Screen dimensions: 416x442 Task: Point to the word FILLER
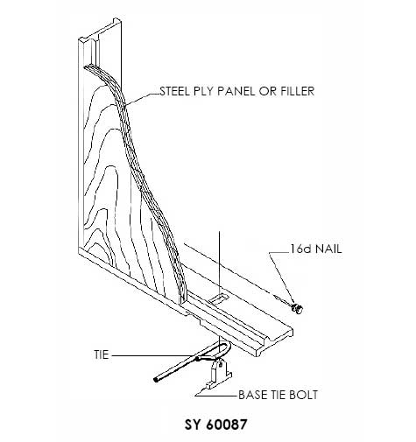[x=297, y=91]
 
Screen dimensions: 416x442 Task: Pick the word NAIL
[x=328, y=249]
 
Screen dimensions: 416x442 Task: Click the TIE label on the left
[x=102, y=354]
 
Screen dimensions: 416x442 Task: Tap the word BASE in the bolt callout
[x=252, y=395]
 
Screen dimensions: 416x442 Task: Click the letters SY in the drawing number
[x=193, y=424]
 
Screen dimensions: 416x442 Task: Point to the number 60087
[x=227, y=424]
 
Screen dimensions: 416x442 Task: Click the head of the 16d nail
[x=298, y=308]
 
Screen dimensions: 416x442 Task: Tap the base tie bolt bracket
[x=219, y=375]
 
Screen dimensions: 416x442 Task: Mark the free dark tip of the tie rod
[x=155, y=380]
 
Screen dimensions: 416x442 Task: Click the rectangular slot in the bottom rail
[x=219, y=298]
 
